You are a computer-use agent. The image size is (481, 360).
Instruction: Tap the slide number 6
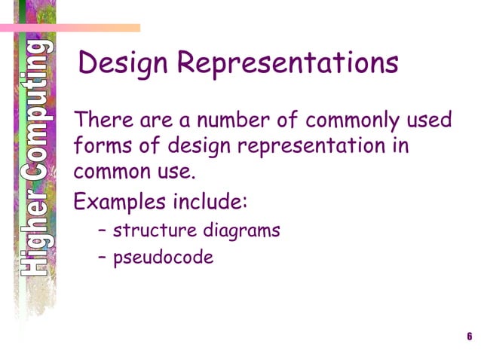(x=469, y=336)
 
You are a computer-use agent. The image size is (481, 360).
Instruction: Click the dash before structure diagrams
(x=103, y=230)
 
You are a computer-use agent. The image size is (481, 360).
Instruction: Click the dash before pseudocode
(x=103, y=258)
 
